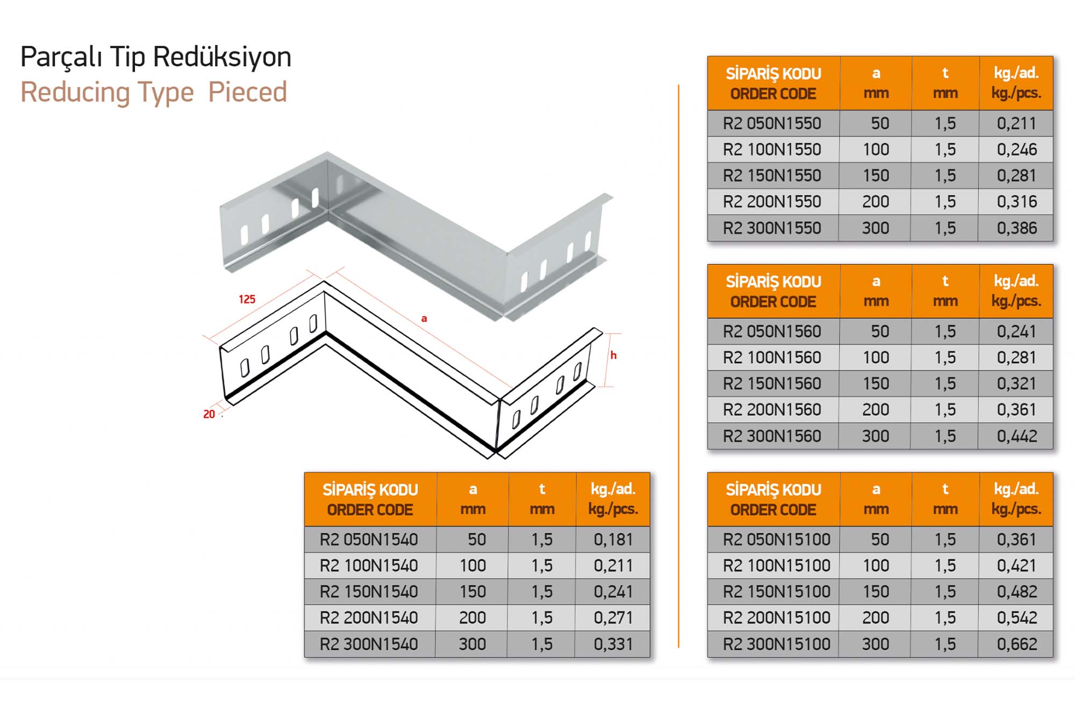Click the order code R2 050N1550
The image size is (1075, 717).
click(772, 124)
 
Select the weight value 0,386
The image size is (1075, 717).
click(1016, 228)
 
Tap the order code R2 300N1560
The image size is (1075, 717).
click(772, 436)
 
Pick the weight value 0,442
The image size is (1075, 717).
click(1016, 436)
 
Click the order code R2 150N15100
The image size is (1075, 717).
click(777, 592)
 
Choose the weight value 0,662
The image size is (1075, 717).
click(1016, 644)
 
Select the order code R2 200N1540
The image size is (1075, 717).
click(369, 618)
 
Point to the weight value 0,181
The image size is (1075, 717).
click(613, 539)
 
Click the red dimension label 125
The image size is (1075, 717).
click(247, 299)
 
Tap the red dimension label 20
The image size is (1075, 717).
click(209, 414)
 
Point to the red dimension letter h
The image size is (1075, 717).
click(613, 355)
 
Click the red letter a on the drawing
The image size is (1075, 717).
click(424, 318)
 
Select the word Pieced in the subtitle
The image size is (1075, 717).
click(248, 92)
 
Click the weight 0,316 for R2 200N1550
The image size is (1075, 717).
click(1016, 202)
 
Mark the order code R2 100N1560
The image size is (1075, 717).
click(772, 358)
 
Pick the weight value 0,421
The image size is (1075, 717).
click(1016, 566)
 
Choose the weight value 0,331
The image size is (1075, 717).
click(613, 644)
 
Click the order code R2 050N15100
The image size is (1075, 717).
click(777, 539)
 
